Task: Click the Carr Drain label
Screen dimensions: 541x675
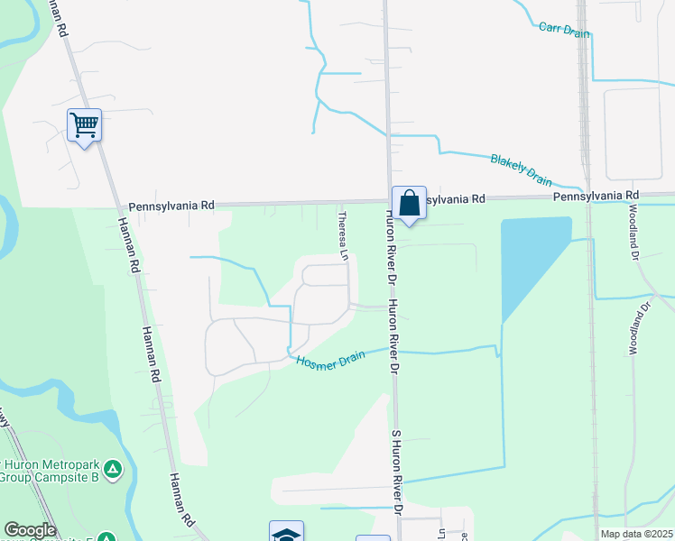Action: [x=564, y=30]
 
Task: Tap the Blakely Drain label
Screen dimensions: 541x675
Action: [x=521, y=168]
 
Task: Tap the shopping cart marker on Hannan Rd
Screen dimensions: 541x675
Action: [x=84, y=124]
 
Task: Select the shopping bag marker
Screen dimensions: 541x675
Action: [x=409, y=203]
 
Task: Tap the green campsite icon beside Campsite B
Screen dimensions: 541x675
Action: [x=112, y=469]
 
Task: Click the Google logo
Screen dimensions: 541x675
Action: [x=30, y=530]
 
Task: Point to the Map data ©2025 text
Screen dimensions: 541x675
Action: [x=636, y=534]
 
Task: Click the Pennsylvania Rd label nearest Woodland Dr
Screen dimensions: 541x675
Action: [x=596, y=195]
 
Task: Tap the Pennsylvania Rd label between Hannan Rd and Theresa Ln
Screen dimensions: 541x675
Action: [x=171, y=205]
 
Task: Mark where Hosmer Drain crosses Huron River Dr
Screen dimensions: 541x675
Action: [x=393, y=348]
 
